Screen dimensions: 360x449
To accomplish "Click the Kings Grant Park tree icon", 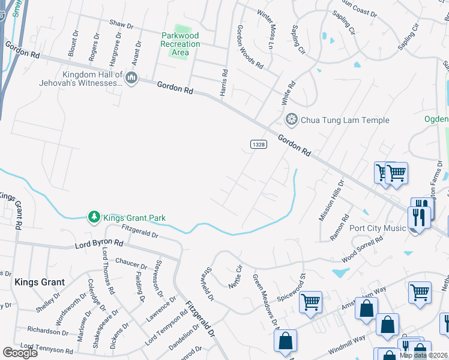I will pyautogui.click(x=94, y=217).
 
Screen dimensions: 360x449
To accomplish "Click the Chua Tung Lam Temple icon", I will pyautogui.click(x=292, y=120).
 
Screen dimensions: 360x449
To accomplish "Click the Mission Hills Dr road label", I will pyautogui.click(x=331, y=201).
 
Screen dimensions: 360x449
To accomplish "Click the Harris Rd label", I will pyautogui.click(x=224, y=80).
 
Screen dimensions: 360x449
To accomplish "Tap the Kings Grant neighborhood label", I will pyautogui.click(x=39, y=281).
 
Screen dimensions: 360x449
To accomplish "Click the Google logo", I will pyautogui.click(x=20, y=352).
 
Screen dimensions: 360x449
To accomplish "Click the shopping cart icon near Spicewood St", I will pyautogui.click(x=310, y=302).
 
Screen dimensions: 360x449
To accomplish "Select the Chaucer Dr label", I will pyautogui.click(x=131, y=265).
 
